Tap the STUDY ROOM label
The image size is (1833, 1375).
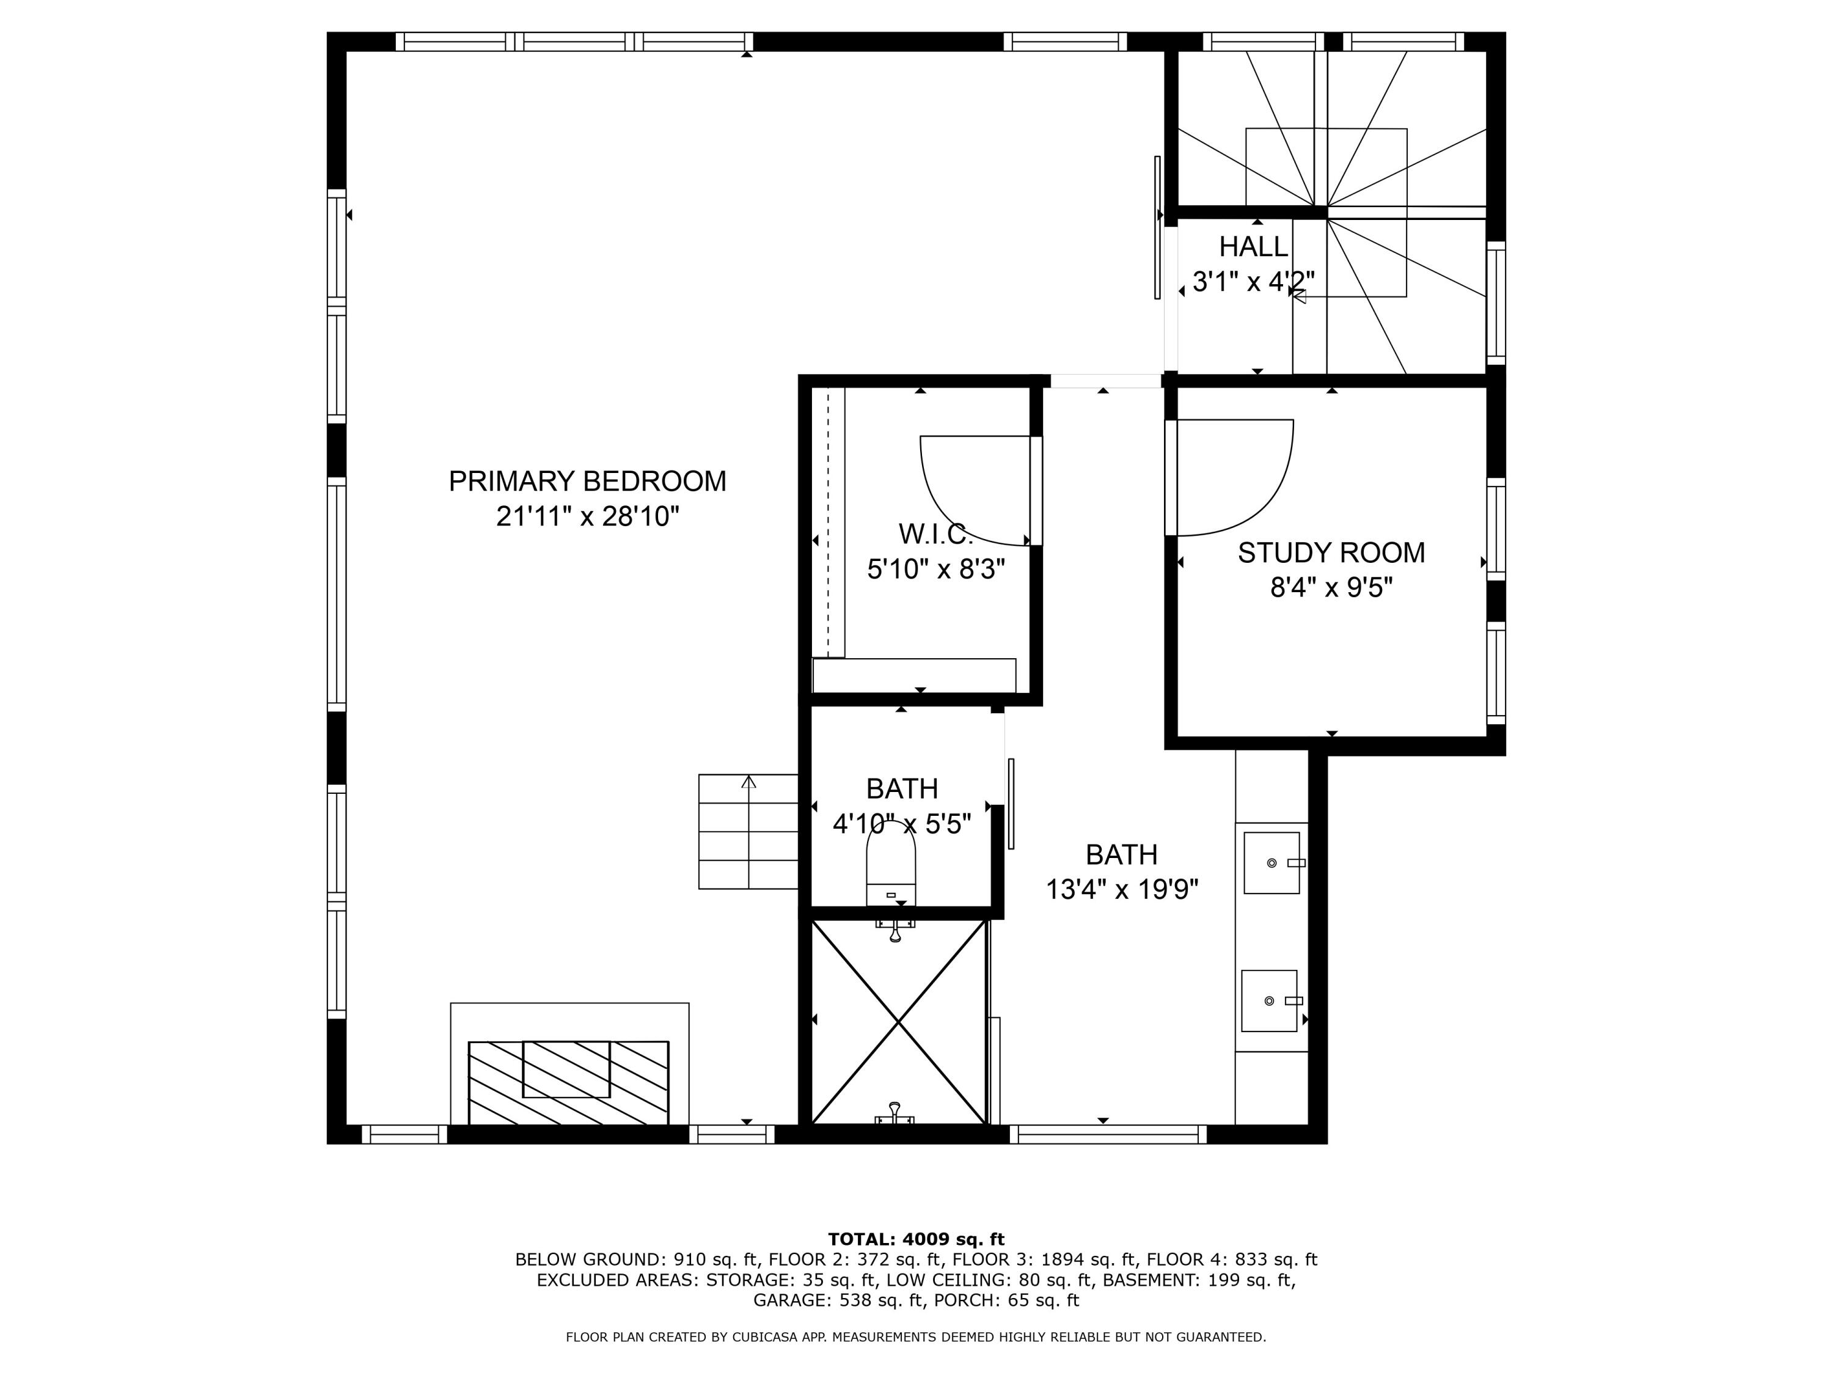[x=1331, y=553]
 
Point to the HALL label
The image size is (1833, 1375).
[x=1253, y=247]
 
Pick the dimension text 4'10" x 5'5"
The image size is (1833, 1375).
[x=902, y=824]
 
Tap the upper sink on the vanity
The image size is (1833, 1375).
[x=1271, y=863]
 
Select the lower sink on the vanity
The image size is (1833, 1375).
[x=1268, y=1001]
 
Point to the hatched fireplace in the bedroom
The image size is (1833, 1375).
[x=568, y=1082]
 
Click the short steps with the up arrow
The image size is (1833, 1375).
[x=748, y=831]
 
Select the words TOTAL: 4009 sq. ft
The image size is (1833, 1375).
[x=916, y=1239]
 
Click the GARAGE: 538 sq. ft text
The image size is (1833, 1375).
[x=837, y=1300]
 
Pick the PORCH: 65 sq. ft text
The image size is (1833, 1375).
[x=1006, y=1300]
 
